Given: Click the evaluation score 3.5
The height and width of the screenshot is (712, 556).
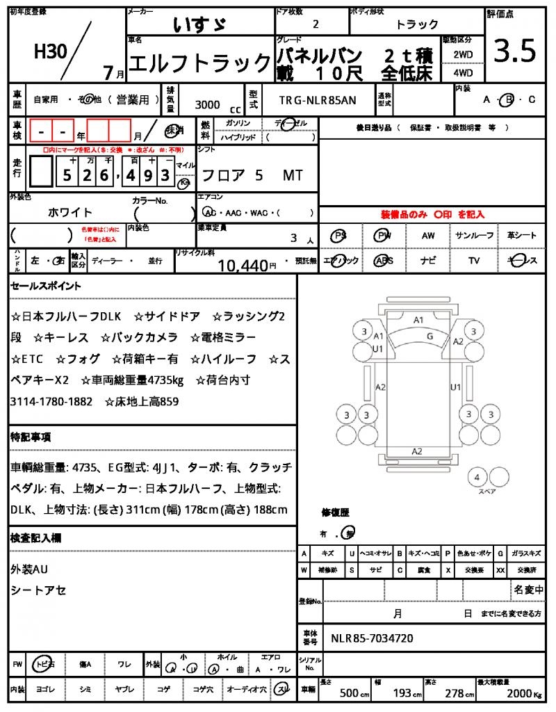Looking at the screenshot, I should pyautogui.click(x=515, y=51).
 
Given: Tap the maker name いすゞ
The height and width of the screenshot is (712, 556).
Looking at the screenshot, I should pyautogui.click(x=199, y=26).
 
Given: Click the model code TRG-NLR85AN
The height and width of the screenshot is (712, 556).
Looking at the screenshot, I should pyautogui.click(x=318, y=100).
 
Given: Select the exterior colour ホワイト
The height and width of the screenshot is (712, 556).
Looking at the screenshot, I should pyautogui.click(x=70, y=212).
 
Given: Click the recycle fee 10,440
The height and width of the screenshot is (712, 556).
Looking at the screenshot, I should pyautogui.click(x=243, y=265).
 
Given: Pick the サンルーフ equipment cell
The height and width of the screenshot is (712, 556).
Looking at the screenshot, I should pyautogui.click(x=475, y=236).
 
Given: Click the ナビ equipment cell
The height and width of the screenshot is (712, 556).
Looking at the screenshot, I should pyautogui.click(x=428, y=261).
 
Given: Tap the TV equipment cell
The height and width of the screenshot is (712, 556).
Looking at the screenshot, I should pyautogui.click(x=474, y=261).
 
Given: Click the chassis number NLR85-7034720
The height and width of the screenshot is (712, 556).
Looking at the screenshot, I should pyautogui.click(x=373, y=638).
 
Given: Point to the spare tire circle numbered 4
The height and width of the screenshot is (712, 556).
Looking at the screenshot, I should pyautogui.click(x=477, y=478).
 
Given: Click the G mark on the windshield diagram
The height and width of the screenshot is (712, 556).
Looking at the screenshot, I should pyautogui.click(x=430, y=336).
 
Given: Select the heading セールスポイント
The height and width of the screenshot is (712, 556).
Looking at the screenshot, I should pyautogui.click(x=47, y=286).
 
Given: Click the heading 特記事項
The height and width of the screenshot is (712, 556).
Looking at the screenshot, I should pyautogui.click(x=31, y=437).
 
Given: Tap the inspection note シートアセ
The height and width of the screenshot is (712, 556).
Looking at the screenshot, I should pyautogui.click(x=39, y=590).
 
